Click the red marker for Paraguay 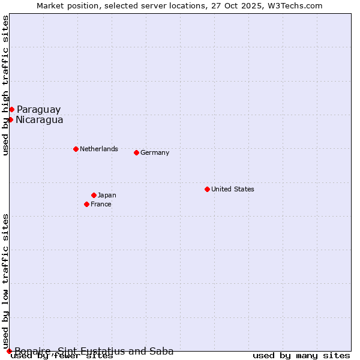point(11,109)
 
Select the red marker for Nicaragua point(10,119)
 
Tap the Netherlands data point point(76,149)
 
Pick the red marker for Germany point(136,152)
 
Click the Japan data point point(94,195)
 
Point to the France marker point(86,204)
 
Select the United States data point point(207,189)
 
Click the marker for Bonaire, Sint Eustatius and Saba point(9,351)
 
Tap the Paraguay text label point(38,109)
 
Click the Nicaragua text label point(39,119)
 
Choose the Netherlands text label point(98,149)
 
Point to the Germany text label point(155,152)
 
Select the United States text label point(232,189)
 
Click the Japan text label point(107,195)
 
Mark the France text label point(101,204)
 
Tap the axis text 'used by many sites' point(301,355)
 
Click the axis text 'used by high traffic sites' point(6,86)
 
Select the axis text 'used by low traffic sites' point(6,281)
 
